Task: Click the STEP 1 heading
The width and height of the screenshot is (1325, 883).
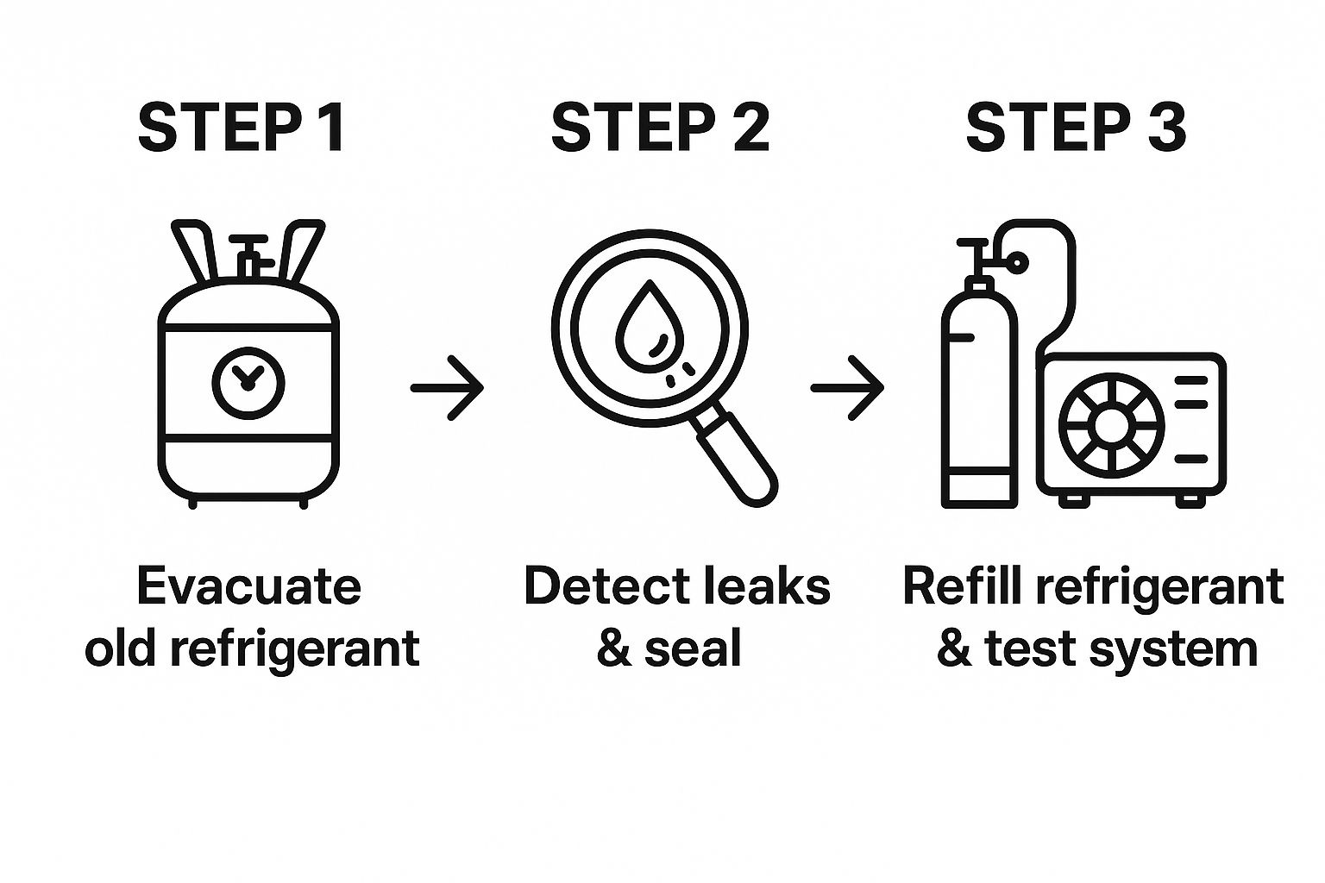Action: (242, 128)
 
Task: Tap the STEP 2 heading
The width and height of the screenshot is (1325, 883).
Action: (660, 128)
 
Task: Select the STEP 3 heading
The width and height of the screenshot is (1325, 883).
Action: (1076, 128)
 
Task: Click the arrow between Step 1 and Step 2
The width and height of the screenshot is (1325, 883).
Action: (447, 388)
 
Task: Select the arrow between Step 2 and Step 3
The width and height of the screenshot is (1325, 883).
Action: (847, 388)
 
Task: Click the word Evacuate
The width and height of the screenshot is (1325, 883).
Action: (248, 586)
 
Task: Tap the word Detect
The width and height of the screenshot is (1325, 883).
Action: (596, 586)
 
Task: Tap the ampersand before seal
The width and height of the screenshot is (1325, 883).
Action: (613, 648)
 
